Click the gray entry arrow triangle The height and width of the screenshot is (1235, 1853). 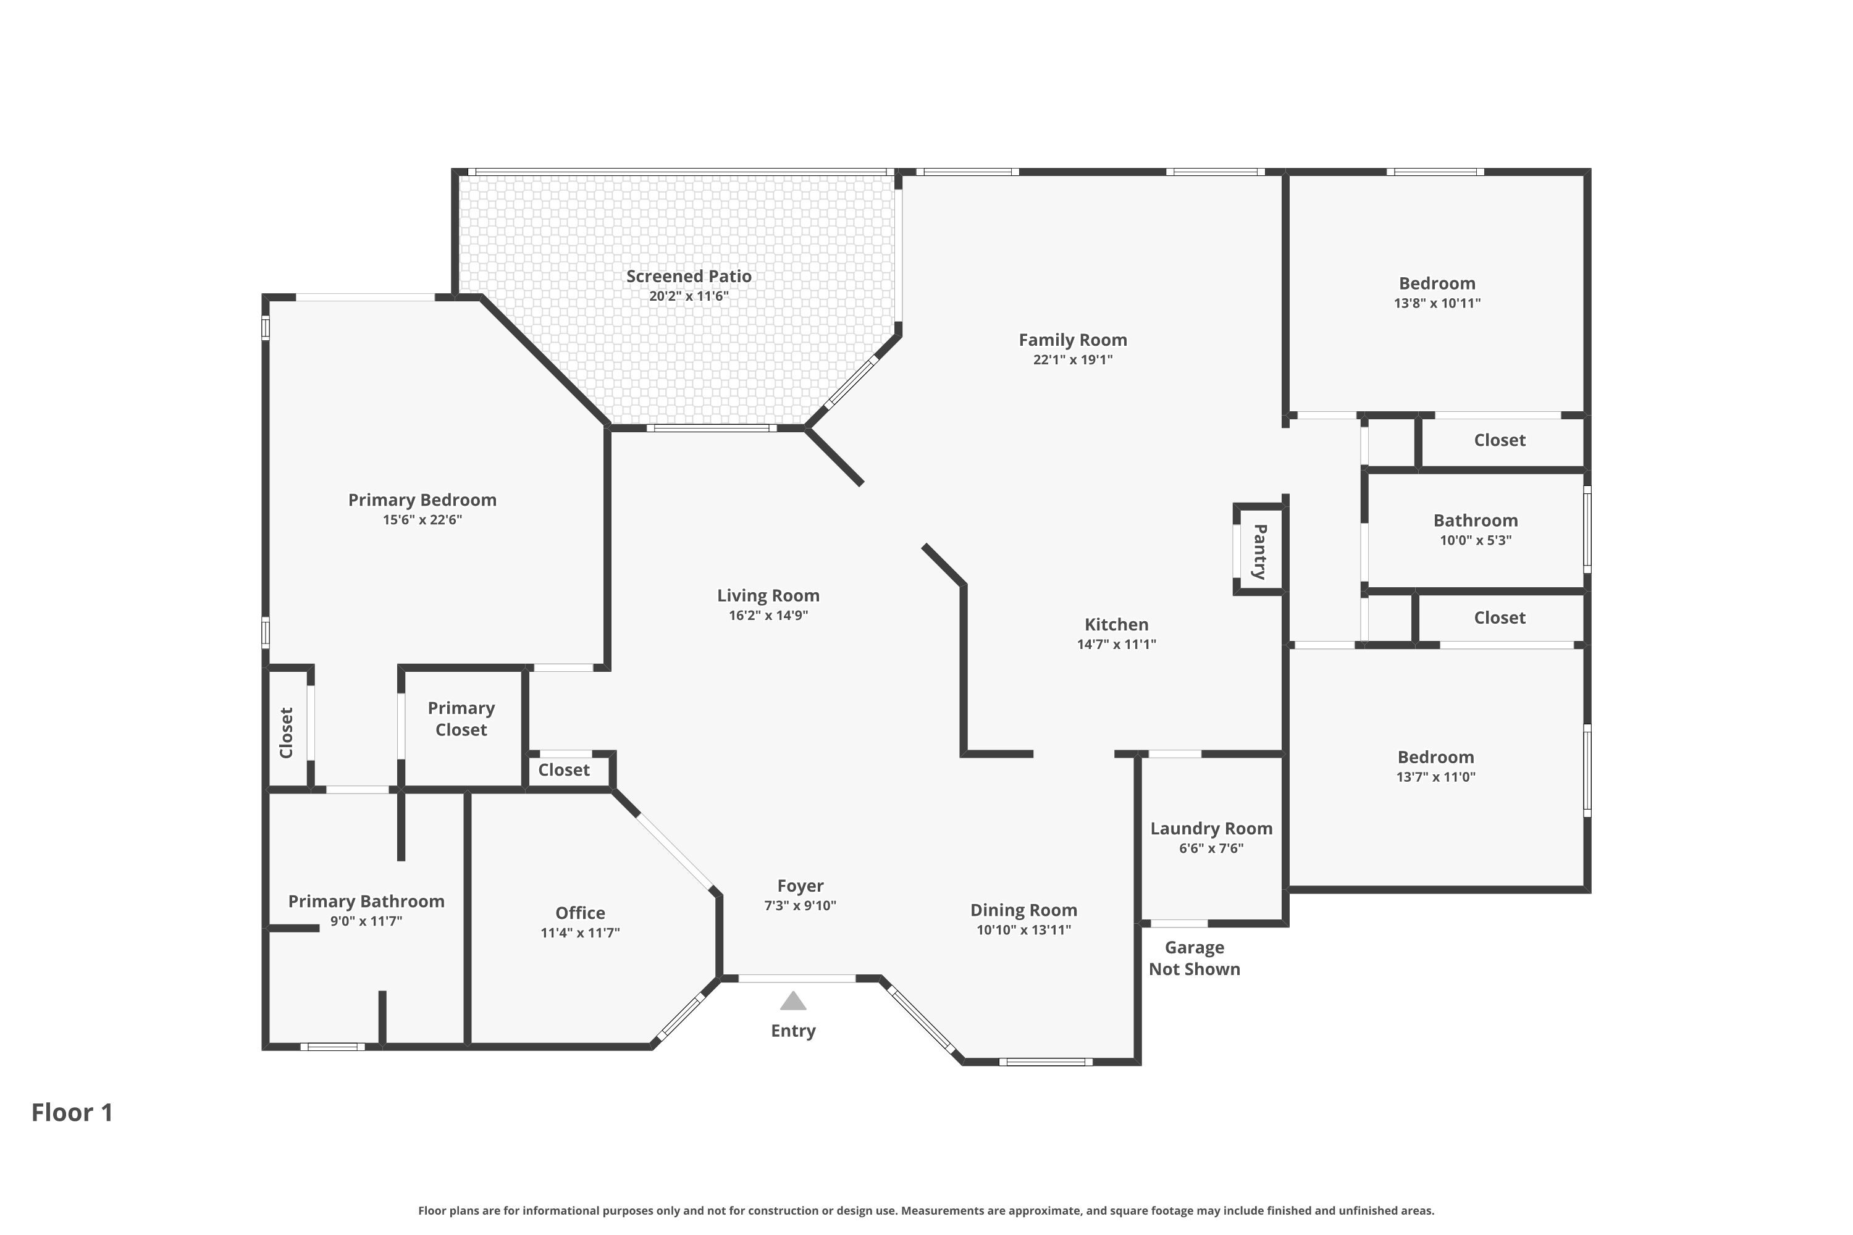point(792,1001)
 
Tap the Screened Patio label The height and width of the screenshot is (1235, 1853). point(689,277)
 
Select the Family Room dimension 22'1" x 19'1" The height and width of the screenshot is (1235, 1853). point(1072,360)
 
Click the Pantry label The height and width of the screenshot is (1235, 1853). point(1260,551)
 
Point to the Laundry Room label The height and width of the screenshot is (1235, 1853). point(1211,829)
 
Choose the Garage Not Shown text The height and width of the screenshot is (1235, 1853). point(1195,958)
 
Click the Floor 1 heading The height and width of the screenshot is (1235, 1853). point(72,1112)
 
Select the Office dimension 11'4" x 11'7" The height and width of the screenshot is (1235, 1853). point(580,933)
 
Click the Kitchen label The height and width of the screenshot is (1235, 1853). point(1116,624)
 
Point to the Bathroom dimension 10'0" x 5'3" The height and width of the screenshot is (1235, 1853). point(1475,540)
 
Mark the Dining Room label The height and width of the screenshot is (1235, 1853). point(1023,910)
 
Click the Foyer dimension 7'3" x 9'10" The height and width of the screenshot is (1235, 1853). point(800,906)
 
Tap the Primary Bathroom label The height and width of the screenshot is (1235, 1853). point(366,902)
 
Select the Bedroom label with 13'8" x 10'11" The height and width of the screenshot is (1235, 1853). point(1437,283)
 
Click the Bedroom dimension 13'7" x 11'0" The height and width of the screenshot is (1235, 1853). point(1435,777)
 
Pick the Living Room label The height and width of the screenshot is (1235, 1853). point(768,597)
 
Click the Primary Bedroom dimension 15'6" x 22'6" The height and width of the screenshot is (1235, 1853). point(422,520)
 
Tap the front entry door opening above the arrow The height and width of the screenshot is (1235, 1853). point(797,978)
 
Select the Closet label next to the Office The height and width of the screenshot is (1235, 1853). point(563,770)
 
